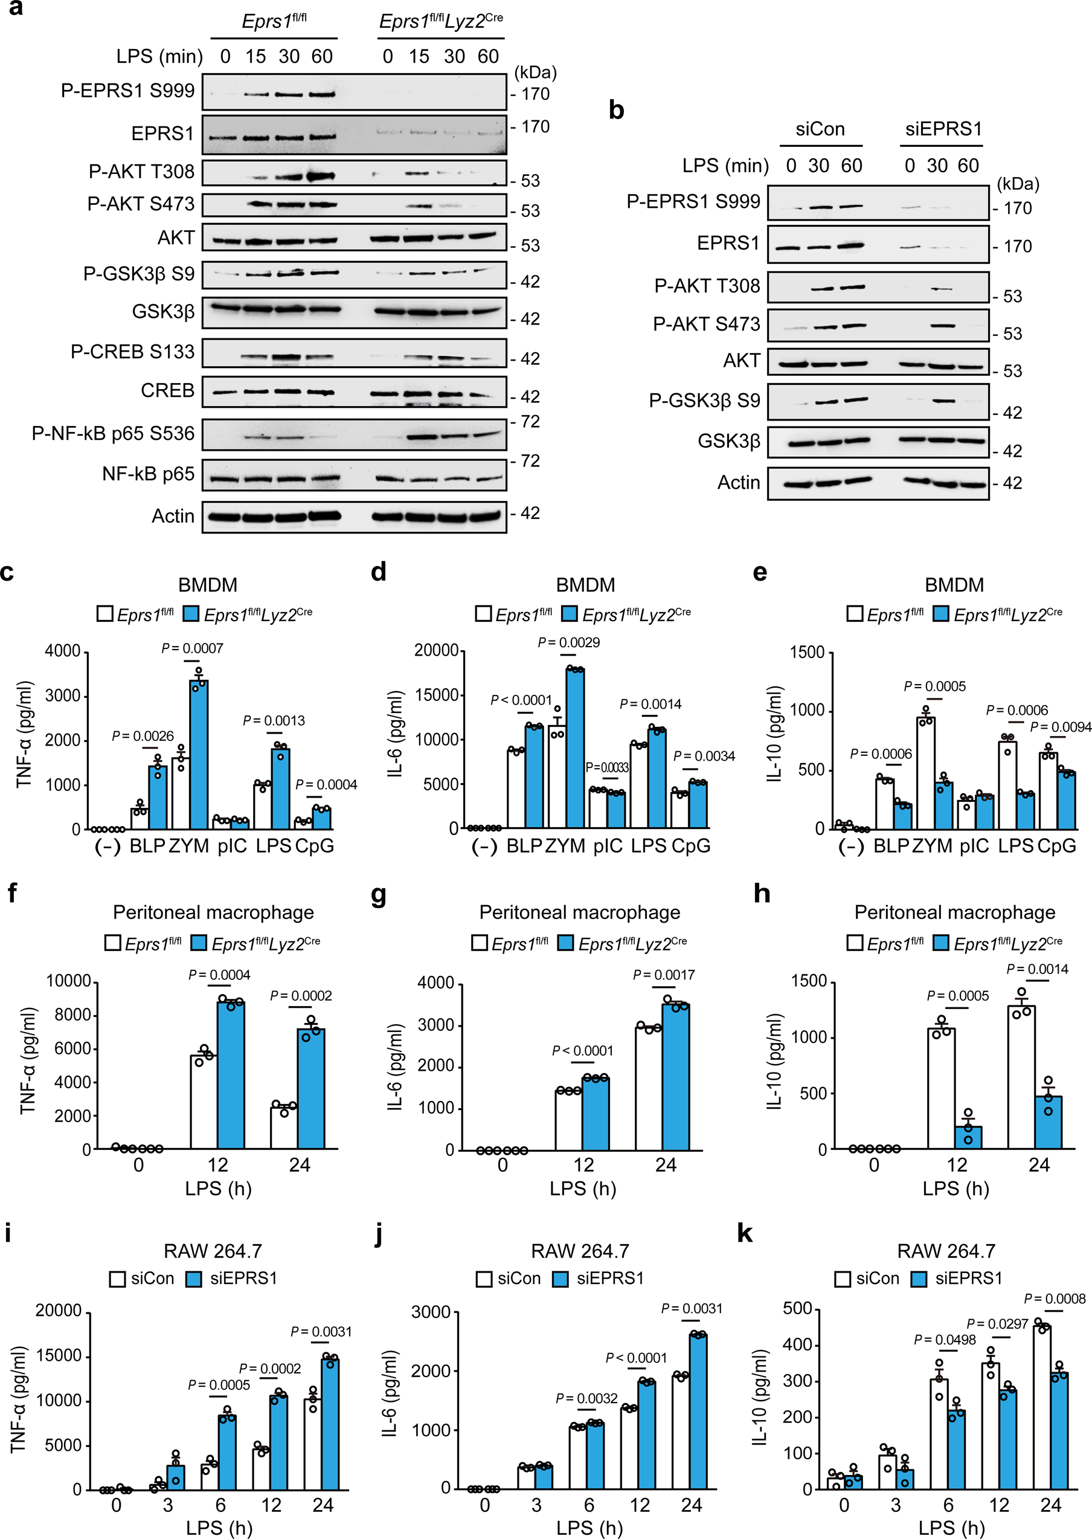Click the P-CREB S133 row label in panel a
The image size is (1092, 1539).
(132, 352)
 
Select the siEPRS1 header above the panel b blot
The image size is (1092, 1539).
(943, 129)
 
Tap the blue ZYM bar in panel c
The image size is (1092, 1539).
(198, 757)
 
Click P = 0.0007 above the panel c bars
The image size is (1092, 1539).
(192, 648)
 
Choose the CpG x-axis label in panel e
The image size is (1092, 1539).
(1056, 846)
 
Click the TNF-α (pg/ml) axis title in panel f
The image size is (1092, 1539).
(27, 1065)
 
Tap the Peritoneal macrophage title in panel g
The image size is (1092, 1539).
(580, 913)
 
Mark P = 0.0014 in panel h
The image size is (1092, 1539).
(1037, 969)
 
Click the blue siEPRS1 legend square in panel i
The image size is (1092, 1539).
(194, 1279)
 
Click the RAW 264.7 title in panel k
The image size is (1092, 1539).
(945, 1251)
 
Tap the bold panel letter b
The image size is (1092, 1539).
(616, 111)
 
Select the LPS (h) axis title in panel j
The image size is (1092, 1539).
(589, 1528)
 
